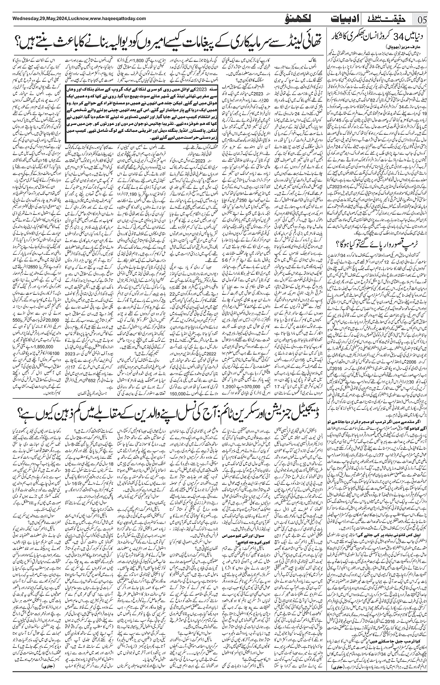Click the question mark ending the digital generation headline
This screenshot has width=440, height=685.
click(18, 387)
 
